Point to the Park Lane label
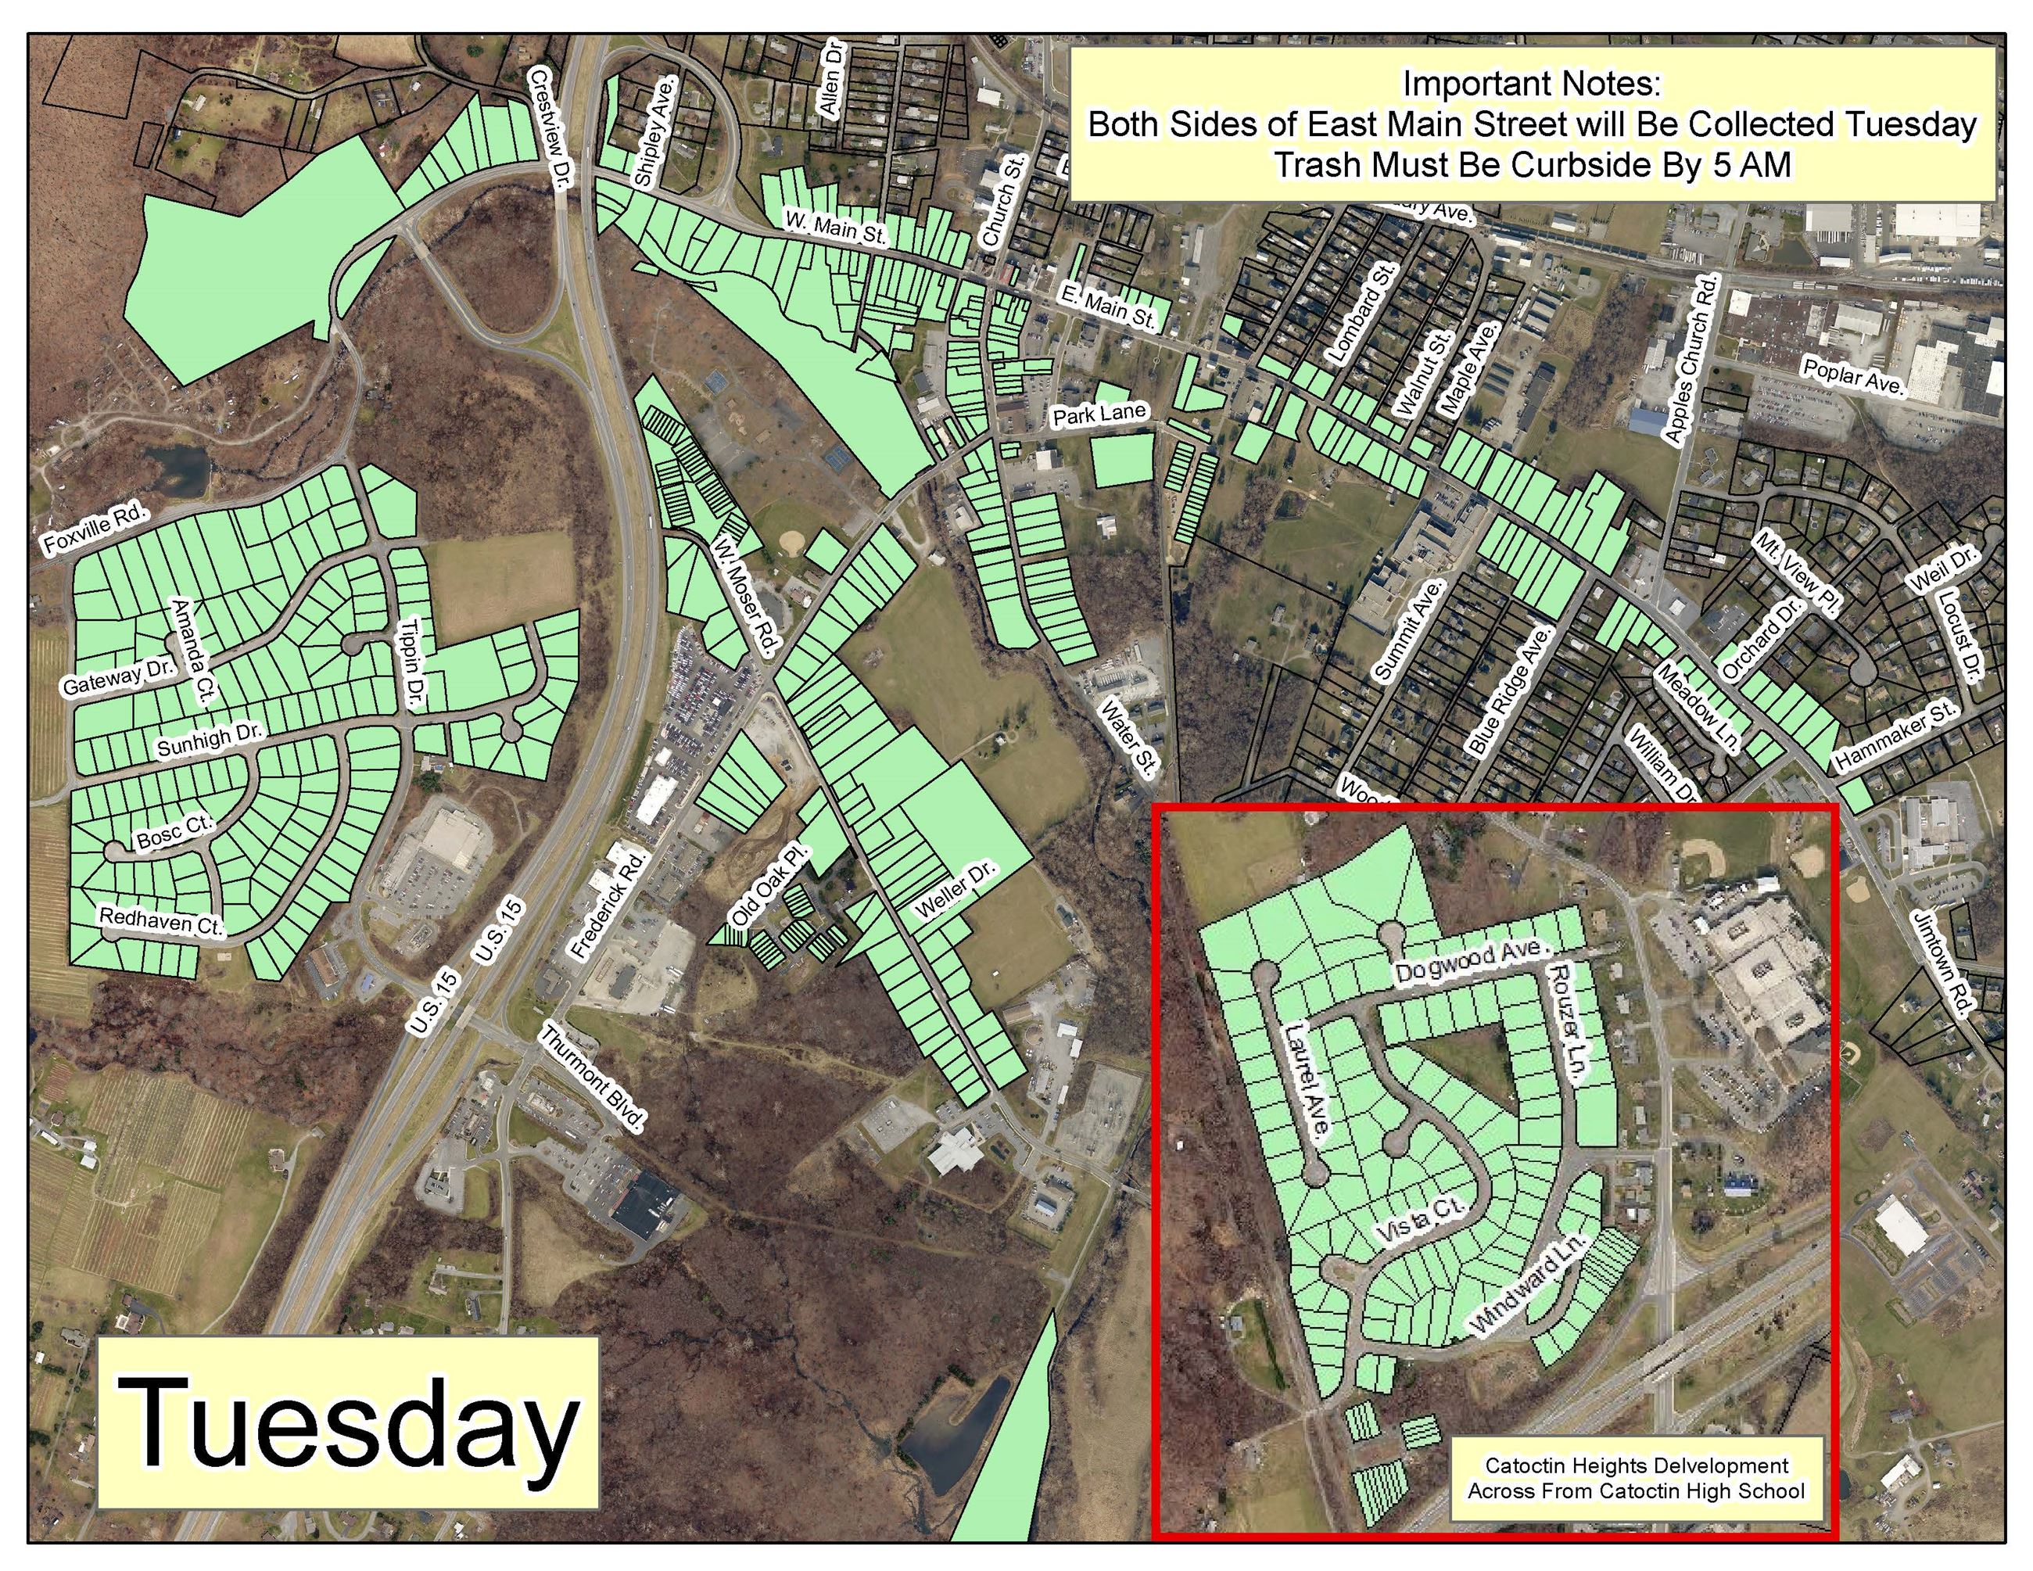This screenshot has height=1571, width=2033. point(1099,414)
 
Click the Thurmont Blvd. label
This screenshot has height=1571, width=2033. point(592,1078)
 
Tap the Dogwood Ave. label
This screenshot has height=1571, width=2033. point(1471,960)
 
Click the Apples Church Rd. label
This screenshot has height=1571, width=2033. point(1690,358)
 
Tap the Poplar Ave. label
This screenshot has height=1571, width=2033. point(1853,376)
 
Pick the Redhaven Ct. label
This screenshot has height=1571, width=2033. point(161,920)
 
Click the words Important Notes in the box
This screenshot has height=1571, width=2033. point(1531,84)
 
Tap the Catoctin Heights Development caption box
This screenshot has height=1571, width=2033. point(1636,1478)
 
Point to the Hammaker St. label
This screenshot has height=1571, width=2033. point(1896,736)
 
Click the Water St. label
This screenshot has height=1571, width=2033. point(1128,738)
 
